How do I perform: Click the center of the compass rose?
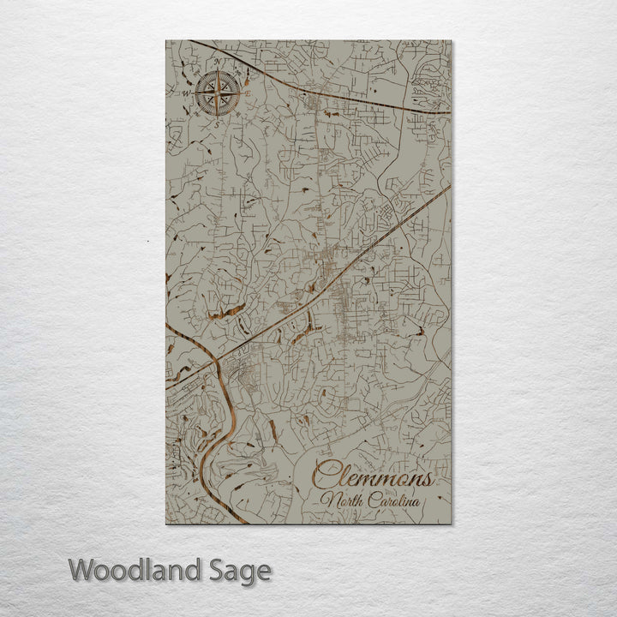pyautogui.click(x=217, y=94)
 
